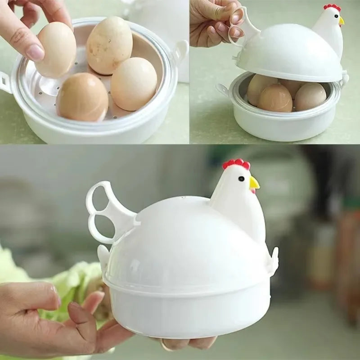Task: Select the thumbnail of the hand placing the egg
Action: coord(94,72)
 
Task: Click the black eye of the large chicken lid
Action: coord(241,178)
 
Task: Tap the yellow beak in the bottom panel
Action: coord(254,183)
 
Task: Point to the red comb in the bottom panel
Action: coord(236,164)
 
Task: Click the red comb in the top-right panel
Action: coord(332,7)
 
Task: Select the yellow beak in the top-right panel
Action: coord(341,20)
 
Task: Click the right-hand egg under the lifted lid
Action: coord(310,96)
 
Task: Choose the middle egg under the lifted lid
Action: coord(275,98)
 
